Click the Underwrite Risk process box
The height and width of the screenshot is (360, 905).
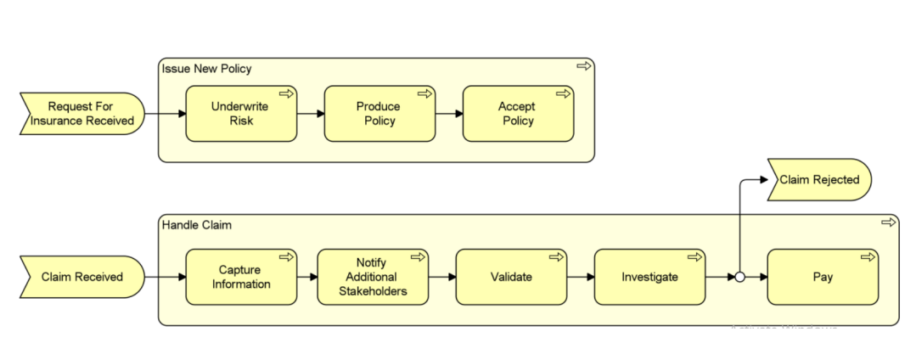(241, 114)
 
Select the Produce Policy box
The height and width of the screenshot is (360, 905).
(379, 114)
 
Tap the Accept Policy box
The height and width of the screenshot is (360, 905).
(517, 114)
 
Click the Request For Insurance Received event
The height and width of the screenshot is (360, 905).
(82, 114)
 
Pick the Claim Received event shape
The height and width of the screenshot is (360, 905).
(82, 277)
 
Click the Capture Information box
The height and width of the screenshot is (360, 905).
(241, 277)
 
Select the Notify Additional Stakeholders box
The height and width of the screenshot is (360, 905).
(373, 277)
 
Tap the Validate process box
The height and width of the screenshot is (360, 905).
(511, 277)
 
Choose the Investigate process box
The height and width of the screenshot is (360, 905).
(649, 277)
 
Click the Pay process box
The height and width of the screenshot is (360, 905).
(822, 277)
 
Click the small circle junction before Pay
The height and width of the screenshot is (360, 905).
(739, 277)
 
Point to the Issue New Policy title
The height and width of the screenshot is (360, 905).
(206, 68)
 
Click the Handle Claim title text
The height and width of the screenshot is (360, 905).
(196, 225)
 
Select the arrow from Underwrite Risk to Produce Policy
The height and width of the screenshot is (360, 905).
(311, 114)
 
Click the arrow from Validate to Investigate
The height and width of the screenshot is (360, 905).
(580, 277)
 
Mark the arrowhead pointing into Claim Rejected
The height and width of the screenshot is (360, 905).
(762, 180)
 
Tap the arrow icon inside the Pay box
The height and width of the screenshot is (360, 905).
(865, 256)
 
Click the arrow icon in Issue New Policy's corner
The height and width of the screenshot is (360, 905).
(583, 66)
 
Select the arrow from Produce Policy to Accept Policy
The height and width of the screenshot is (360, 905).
(448, 114)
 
